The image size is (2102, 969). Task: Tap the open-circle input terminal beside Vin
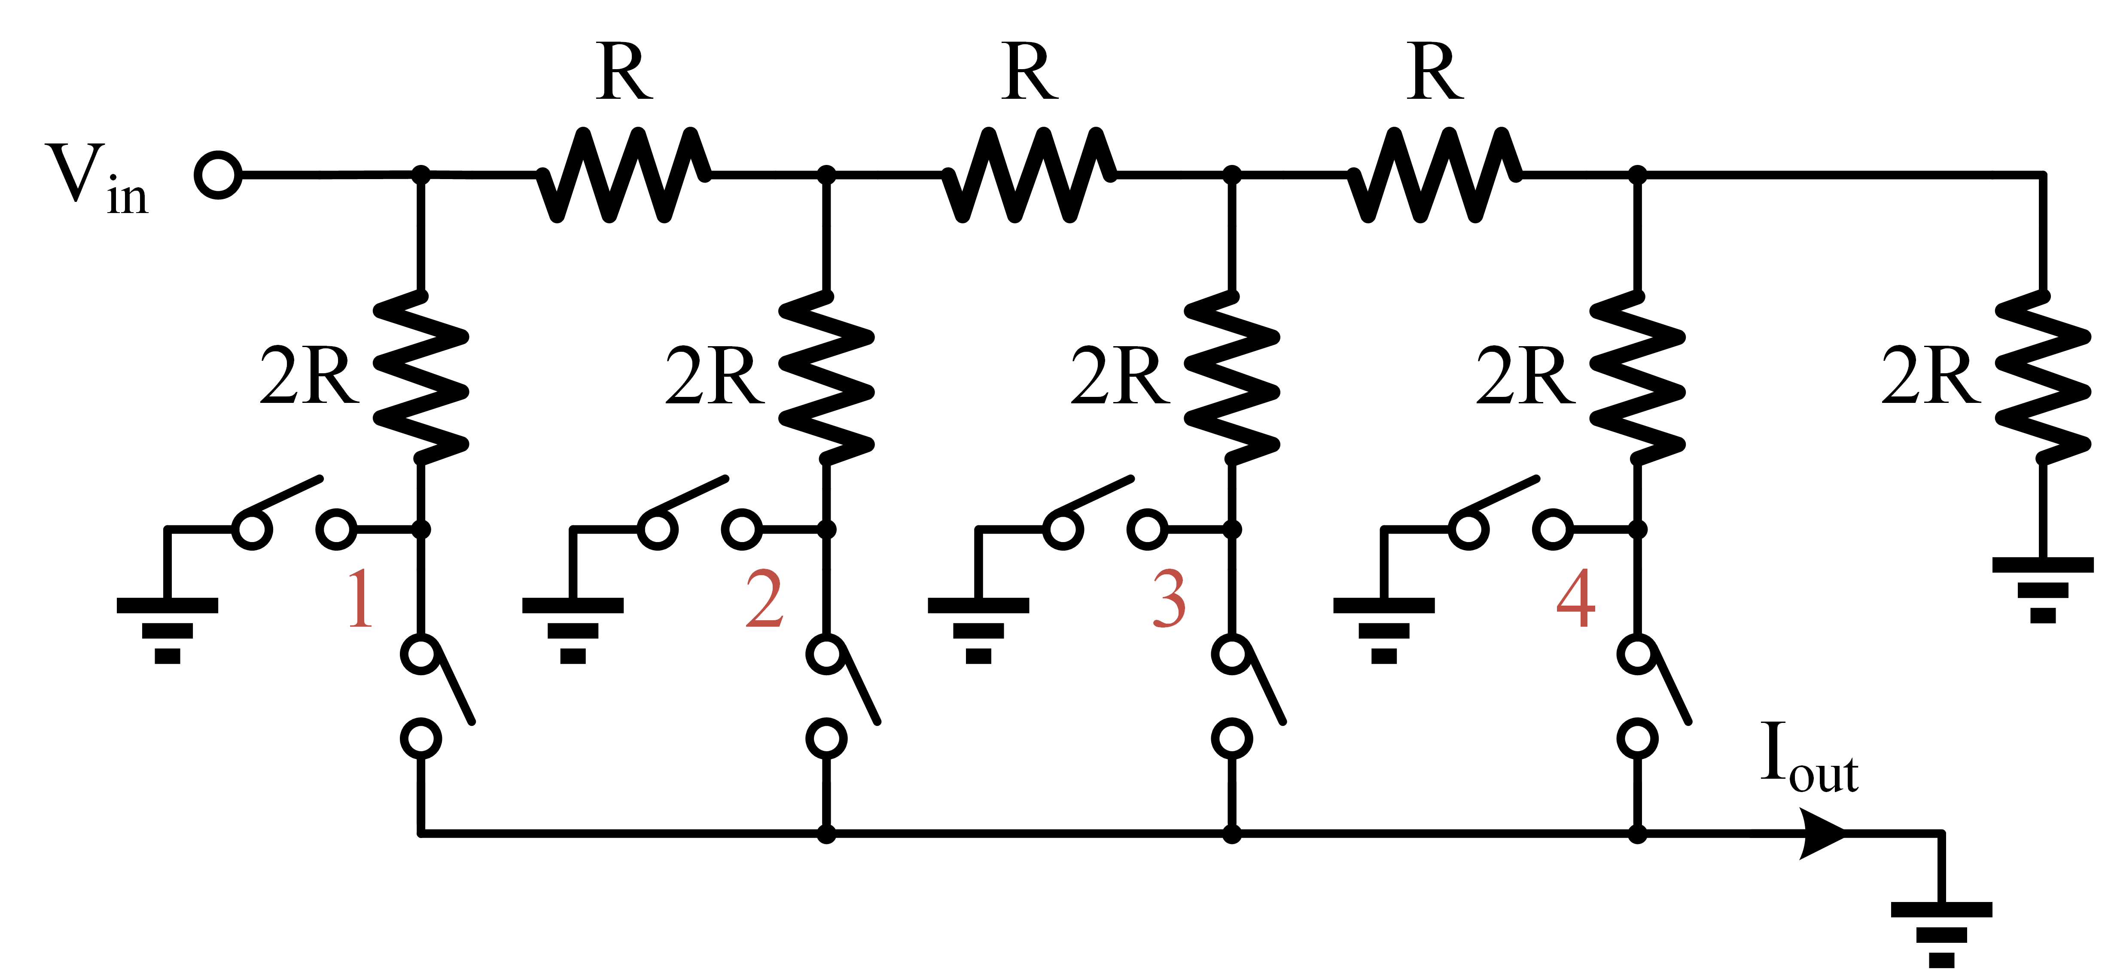coord(218,175)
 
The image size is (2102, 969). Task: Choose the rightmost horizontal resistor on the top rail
coord(1434,174)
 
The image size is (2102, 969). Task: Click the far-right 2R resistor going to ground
coord(2042,377)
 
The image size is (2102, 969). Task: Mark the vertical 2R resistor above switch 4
coord(1637,377)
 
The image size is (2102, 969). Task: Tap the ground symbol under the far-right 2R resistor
coord(2042,588)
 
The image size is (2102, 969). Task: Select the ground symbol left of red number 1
coord(167,628)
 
